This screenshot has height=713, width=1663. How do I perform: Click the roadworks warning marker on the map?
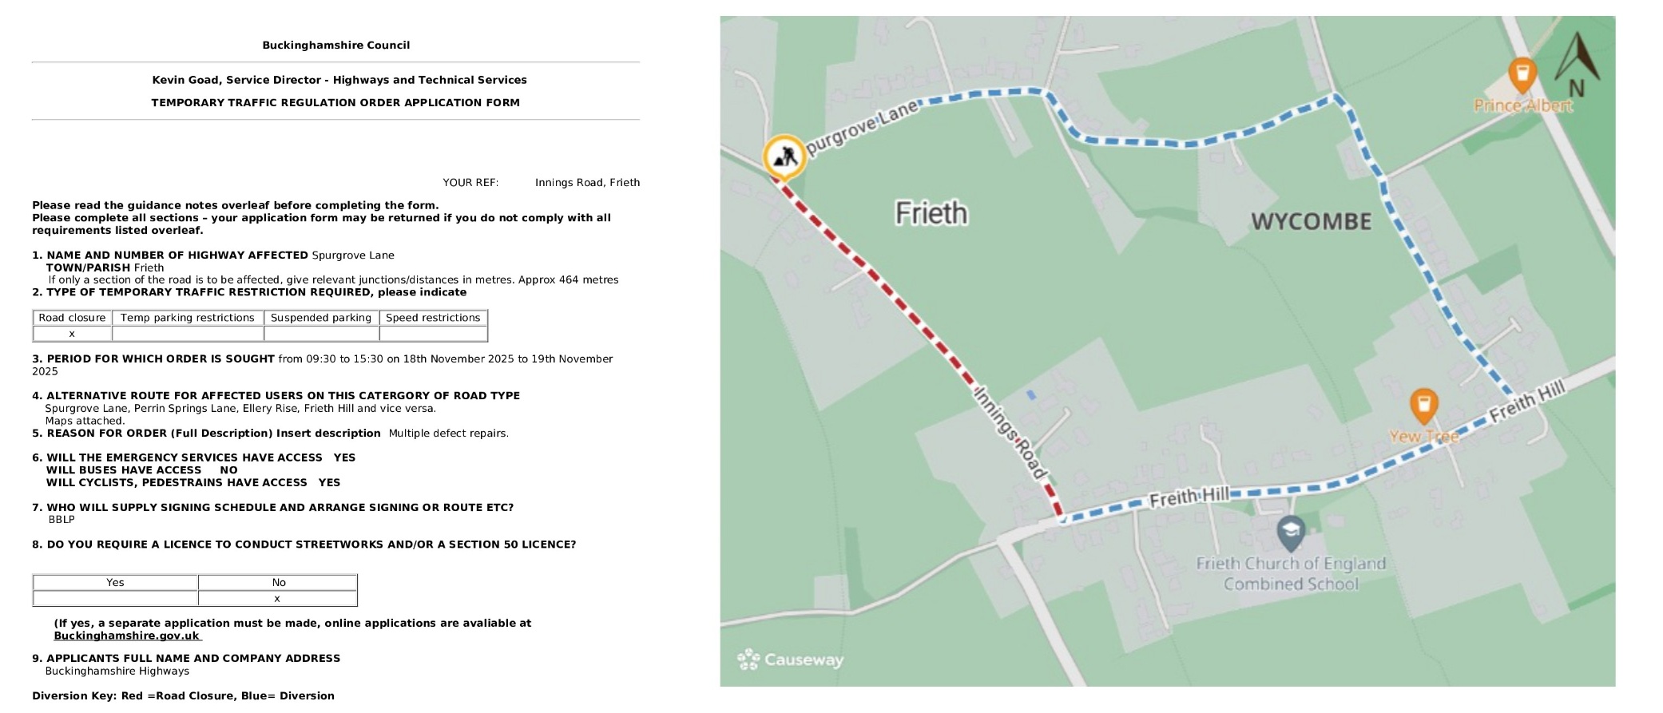(x=784, y=156)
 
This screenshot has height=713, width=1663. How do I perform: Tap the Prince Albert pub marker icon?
(x=1522, y=74)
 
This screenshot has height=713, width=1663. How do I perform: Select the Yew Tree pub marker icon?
(x=1423, y=405)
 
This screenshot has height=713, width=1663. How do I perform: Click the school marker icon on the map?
(x=1291, y=532)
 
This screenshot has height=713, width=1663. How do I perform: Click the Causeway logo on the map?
(x=790, y=660)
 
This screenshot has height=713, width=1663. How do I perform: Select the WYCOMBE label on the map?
(x=1311, y=221)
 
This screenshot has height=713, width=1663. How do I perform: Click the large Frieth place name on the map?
(x=931, y=213)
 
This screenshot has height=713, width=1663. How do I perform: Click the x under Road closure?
(x=72, y=334)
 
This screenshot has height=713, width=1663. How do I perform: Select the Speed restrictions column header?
(x=433, y=318)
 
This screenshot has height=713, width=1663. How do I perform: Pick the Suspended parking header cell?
(x=321, y=318)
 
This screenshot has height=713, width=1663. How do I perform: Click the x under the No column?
(x=277, y=599)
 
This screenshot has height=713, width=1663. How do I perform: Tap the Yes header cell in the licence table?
(x=115, y=583)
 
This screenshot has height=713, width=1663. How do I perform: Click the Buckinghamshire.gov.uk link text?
(x=126, y=636)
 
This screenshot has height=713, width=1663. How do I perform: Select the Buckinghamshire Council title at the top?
(x=335, y=46)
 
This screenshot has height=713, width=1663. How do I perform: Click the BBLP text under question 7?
(x=62, y=520)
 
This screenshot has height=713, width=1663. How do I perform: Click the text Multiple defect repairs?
(x=448, y=434)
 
